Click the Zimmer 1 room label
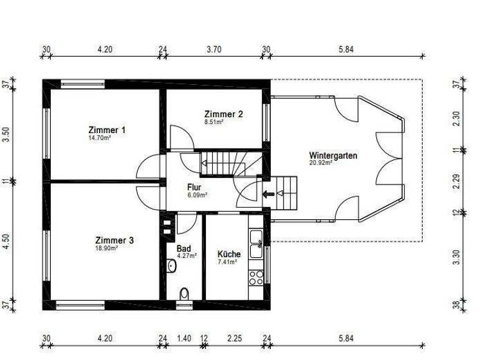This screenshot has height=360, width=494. [x=107, y=130]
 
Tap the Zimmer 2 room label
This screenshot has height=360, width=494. [x=224, y=114]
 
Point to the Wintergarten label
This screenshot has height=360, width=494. [x=333, y=156]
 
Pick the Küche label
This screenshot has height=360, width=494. [x=229, y=254]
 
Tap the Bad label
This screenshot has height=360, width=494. [x=183, y=248]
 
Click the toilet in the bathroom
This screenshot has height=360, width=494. [x=185, y=294]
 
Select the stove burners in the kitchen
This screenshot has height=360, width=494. [x=256, y=277]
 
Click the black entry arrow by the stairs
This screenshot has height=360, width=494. [x=268, y=193]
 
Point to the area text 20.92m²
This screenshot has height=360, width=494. [x=320, y=163]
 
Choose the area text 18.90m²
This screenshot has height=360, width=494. [x=105, y=248]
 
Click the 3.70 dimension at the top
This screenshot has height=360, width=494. [x=214, y=50]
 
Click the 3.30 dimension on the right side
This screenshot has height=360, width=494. [x=457, y=257]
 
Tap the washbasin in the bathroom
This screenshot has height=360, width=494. [x=172, y=265]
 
